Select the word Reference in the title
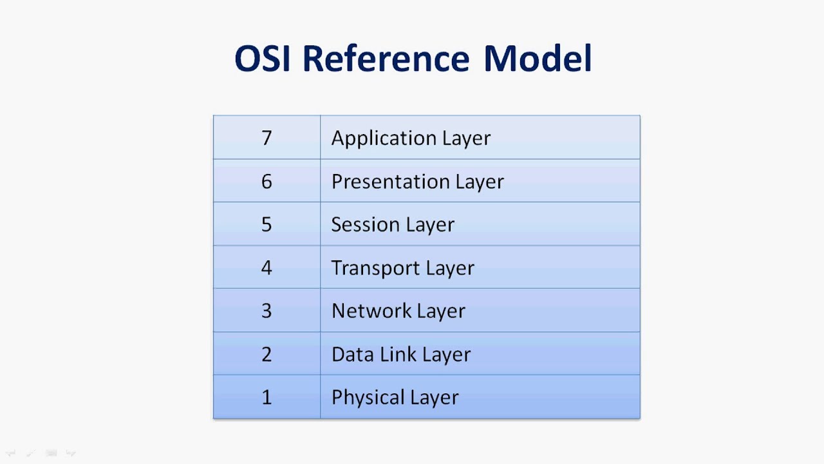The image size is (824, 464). [386, 59]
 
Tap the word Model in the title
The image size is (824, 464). [538, 59]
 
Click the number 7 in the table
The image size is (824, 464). [267, 138]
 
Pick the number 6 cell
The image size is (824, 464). [267, 181]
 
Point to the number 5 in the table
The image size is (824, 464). [267, 224]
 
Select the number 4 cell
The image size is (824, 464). [267, 267]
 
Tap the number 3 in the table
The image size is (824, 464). [267, 311]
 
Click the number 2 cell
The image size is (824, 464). [267, 354]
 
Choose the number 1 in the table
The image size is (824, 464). [267, 397]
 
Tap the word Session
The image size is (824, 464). [360, 224]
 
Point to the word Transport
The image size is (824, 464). [370, 268]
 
